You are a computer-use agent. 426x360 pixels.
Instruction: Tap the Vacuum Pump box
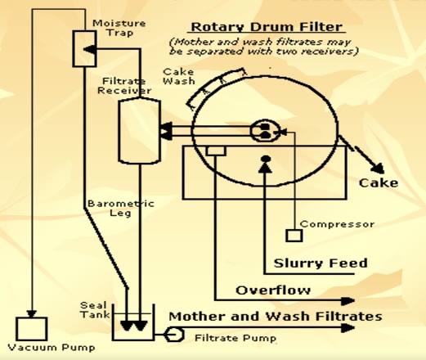tap(33, 328)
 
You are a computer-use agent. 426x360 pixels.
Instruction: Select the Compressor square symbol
tap(294, 236)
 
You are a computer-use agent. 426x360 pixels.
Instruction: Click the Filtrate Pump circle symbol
tap(173, 335)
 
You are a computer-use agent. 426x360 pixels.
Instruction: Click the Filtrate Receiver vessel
tap(137, 128)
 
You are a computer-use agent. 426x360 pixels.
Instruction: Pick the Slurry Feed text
tap(322, 263)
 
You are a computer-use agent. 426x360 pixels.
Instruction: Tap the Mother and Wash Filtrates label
tap(275, 316)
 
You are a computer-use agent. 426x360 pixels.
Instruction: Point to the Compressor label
tap(338, 224)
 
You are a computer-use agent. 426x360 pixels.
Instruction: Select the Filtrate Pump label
tap(235, 337)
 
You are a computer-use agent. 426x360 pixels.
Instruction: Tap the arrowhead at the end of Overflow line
tap(350, 300)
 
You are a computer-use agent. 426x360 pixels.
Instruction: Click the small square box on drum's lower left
tap(216, 151)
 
